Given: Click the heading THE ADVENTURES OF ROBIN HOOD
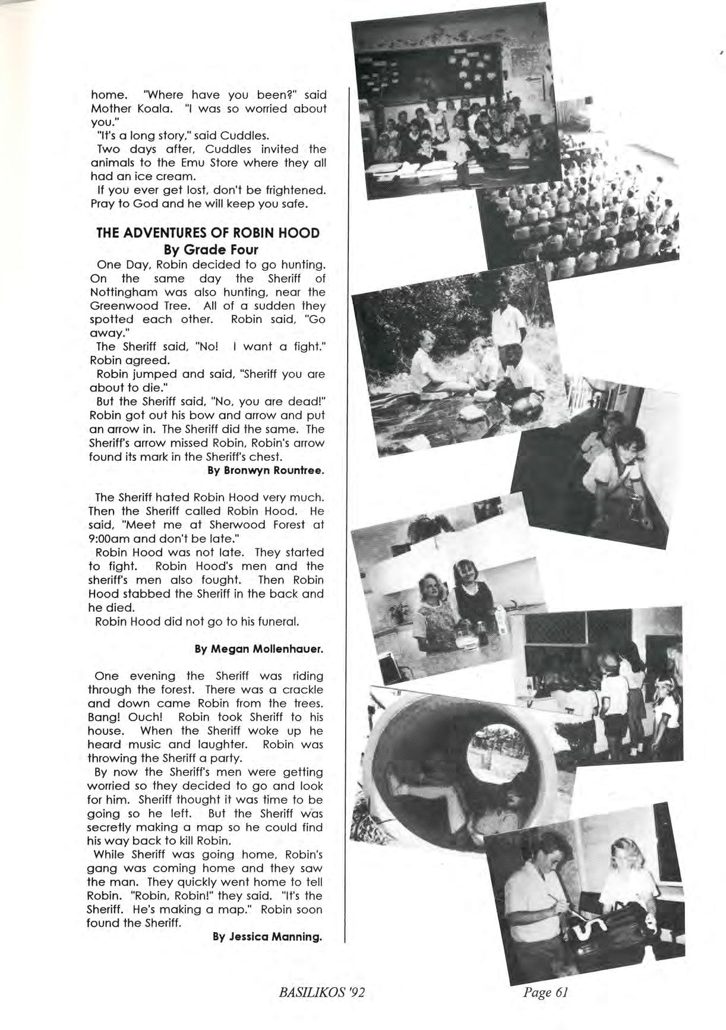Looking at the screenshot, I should click(x=207, y=233).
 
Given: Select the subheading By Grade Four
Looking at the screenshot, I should click(x=207, y=249).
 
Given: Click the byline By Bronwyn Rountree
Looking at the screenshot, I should click(x=266, y=470).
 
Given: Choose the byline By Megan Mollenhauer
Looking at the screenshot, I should click(x=259, y=649).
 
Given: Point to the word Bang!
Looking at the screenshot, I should click(x=105, y=718).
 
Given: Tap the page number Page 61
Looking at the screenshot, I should click(x=546, y=991).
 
